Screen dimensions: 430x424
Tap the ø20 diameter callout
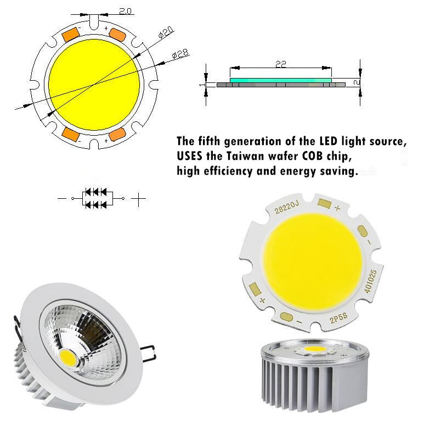click(x=166, y=32)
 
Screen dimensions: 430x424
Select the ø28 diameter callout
click(x=180, y=54)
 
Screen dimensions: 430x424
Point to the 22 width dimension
click(x=280, y=64)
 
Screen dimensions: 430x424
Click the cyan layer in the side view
click(x=280, y=80)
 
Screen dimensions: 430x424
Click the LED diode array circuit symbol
click(x=97, y=198)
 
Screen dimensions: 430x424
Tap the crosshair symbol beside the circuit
click(x=140, y=198)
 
